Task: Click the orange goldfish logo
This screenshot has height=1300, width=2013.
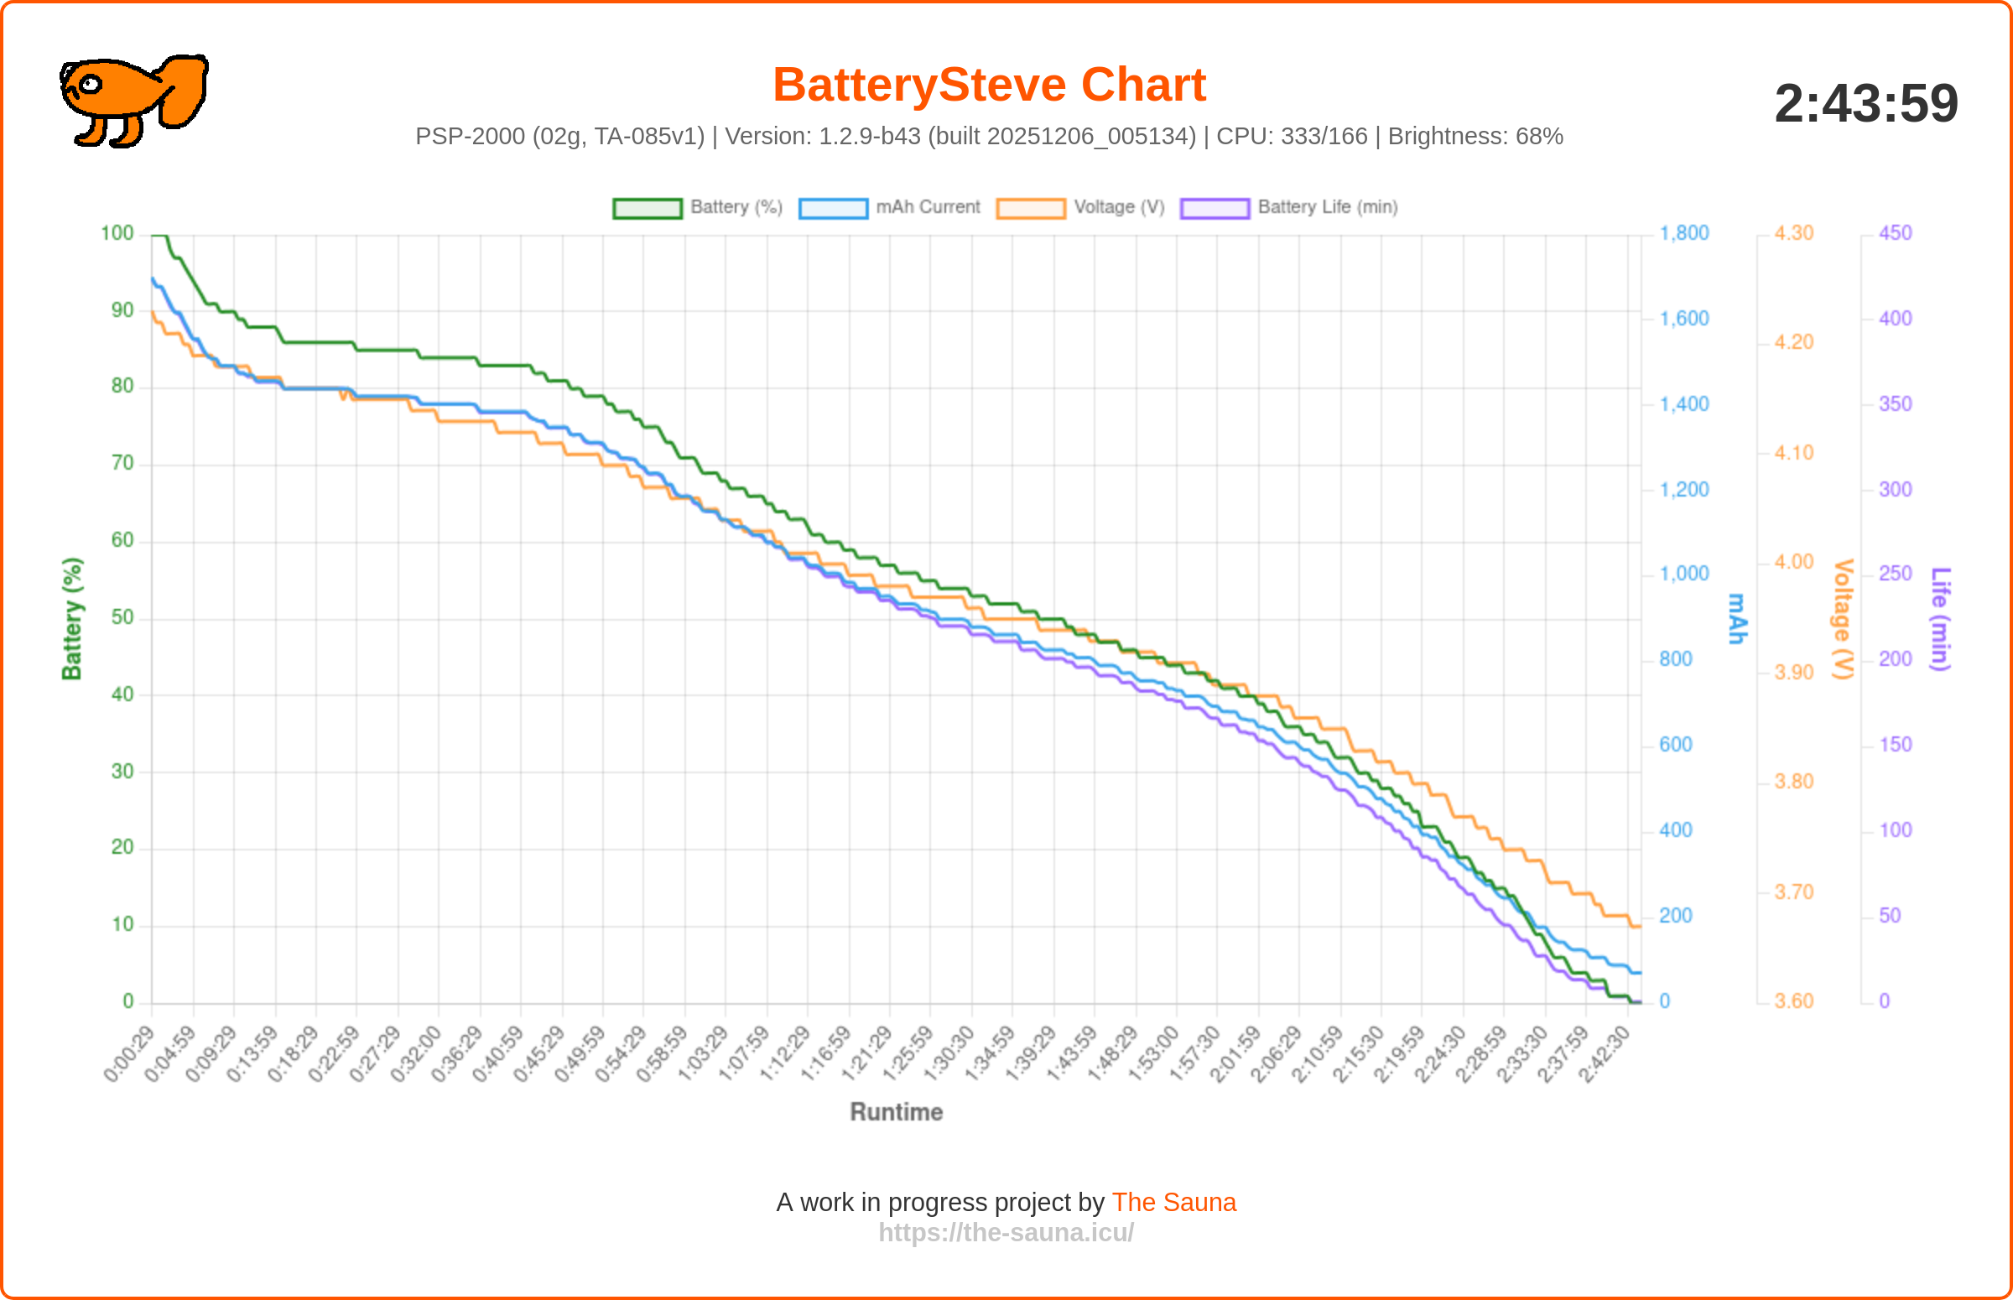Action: pyautogui.click(x=133, y=100)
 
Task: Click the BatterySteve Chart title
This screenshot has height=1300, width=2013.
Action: pyautogui.click(x=988, y=86)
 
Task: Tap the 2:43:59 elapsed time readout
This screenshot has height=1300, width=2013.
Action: pyautogui.click(x=1865, y=104)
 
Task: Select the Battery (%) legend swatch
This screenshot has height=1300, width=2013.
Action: pyautogui.click(x=647, y=209)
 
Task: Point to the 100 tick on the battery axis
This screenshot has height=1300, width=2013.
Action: pyautogui.click(x=117, y=234)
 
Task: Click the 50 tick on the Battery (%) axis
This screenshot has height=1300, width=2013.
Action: pyautogui.click(x=122, y=618)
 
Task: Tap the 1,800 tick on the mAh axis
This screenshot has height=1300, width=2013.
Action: pyautogui.click(x=1684, y=234)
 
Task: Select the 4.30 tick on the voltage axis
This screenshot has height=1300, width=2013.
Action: pyautogui.click(x=1792, y=234)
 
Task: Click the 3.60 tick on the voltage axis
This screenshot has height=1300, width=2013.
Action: pyautogui.click(x=1792, y=1002)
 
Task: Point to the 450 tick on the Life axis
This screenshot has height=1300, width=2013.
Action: pyautogui.click(x=1895, y=234)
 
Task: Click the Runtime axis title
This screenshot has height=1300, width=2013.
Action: pyautogui.click(x=896, y=1113)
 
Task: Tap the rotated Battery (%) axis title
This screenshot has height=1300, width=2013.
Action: pyautogui.click(x=72, y=619)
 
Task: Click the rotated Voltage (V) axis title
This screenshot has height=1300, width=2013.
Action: pyautogui.click(x=1843, y=619)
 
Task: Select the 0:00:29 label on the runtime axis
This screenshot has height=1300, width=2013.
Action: pyautogui.click(x=129, y=1053)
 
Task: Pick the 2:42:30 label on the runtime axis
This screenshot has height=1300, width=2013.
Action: pyautogui.click(x=1604, y=1053)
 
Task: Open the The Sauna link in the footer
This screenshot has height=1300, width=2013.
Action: pyautogui.click(x=1173, y=1203)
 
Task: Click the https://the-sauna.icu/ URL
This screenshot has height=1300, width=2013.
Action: pyautogui.click(x=1006, y=1233)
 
